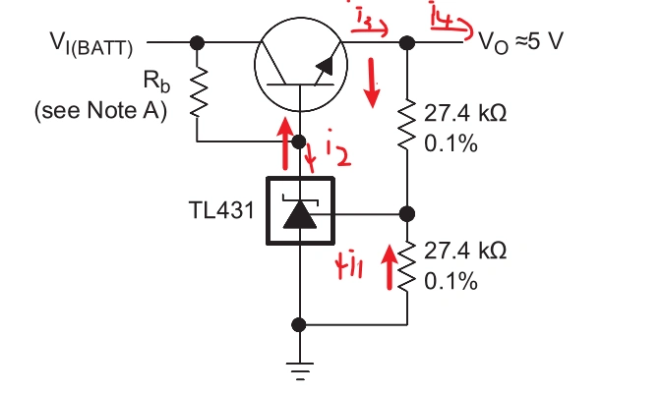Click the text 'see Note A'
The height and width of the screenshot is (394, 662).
pos(100,110)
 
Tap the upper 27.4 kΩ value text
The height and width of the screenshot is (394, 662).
pos(465,114)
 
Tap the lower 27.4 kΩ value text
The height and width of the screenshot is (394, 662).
pos(465,252)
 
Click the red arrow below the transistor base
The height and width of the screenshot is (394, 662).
pos(284,141)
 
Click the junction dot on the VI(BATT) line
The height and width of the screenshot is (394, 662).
pos(197,42)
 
